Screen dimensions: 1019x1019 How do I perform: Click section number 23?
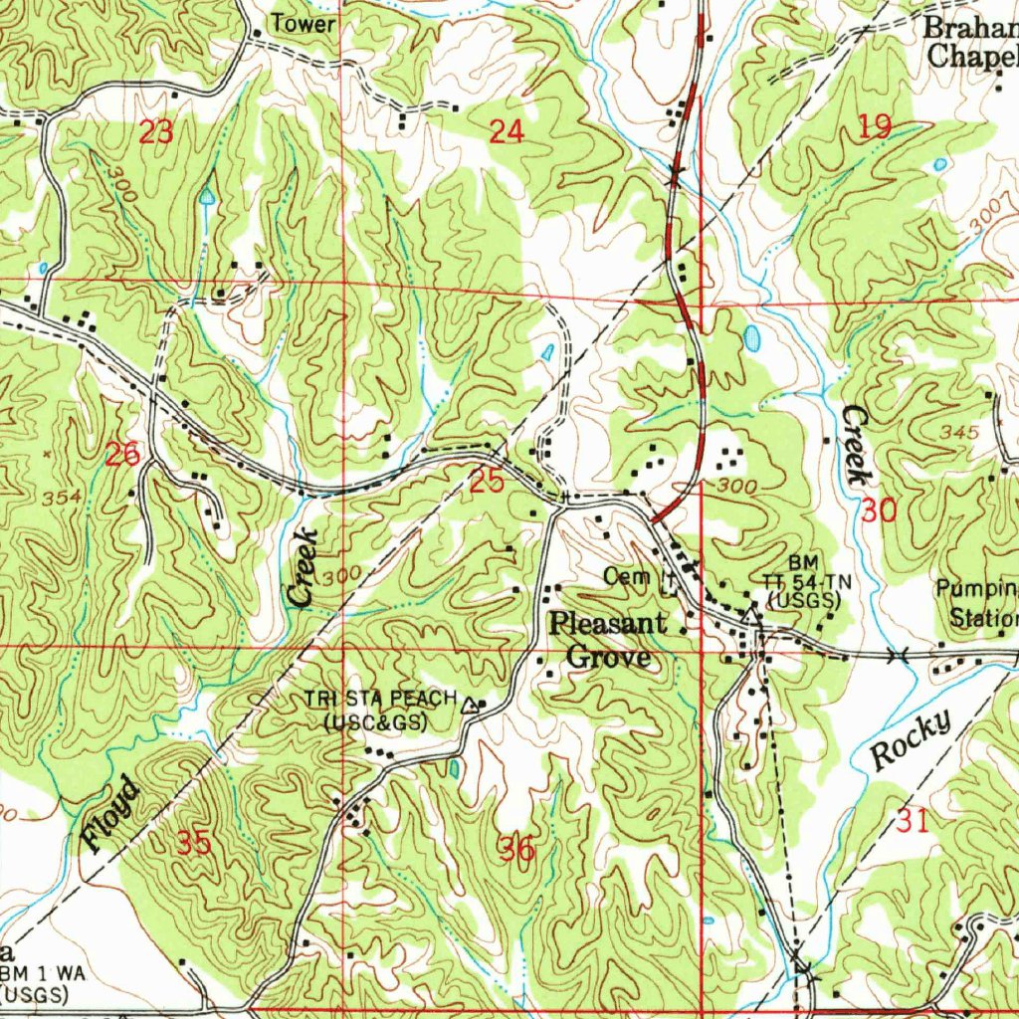click(x=156, y=131)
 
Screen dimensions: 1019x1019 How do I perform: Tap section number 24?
click(x=507, y=130)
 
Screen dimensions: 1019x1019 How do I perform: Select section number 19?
click(x=875, y=126)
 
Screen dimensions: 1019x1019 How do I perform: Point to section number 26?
click(x=122, y=456)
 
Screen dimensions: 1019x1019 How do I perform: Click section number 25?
click(x=487, y=483)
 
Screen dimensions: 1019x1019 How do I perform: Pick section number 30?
click(x=879, y=511)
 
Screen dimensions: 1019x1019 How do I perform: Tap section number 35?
click(x=194, y=844)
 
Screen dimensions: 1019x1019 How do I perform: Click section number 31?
click(x=912, y=821)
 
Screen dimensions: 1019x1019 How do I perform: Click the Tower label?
click(x=304, y=24)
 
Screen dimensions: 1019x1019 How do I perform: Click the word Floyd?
click(x=111, y=815)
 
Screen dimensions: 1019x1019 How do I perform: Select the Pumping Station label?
click(x=978, y=603)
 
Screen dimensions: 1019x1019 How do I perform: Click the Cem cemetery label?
click(x=626, y=576)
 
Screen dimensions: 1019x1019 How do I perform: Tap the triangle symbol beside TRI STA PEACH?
click(x=470, y=706)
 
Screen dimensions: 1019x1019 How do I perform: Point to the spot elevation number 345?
click(x=959, y=433)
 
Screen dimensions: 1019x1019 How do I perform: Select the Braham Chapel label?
click(x=971, y=42)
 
